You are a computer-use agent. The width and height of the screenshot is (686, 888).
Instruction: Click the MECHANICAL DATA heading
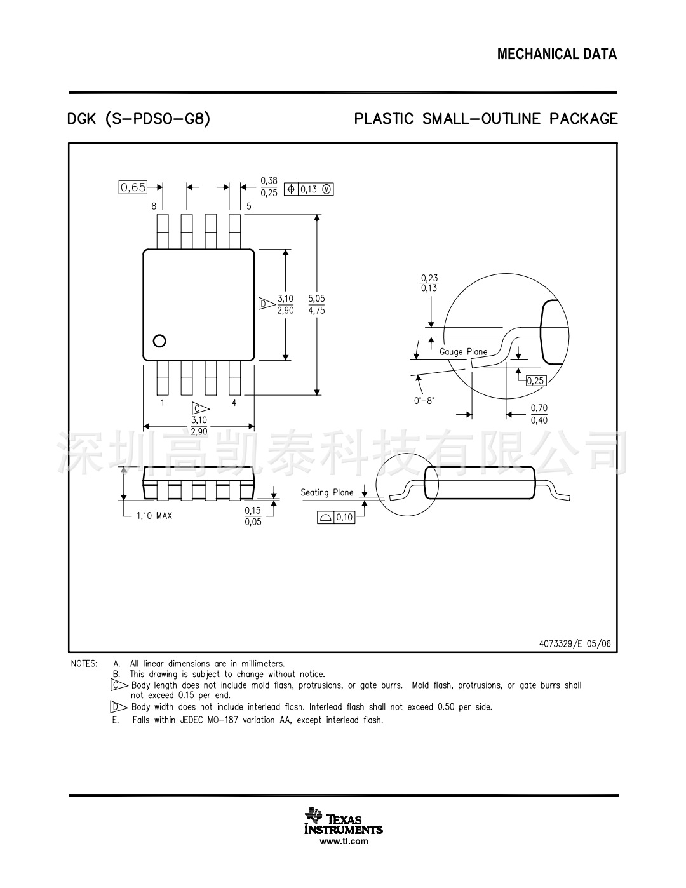(556, 55)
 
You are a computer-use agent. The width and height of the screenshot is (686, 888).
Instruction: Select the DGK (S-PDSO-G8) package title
(138, 119)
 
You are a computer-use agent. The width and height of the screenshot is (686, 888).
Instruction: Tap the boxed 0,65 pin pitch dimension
(133, 187)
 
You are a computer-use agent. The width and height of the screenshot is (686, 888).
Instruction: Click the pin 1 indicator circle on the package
(159, 340)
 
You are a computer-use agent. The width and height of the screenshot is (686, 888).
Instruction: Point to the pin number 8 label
(154, 206)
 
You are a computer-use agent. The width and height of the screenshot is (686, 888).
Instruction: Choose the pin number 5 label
(248, 206)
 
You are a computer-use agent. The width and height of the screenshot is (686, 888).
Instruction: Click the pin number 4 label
(234, 403)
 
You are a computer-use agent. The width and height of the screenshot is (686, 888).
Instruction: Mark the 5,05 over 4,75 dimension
(316, 304)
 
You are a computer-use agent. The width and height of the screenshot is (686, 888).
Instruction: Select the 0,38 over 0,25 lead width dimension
(269, 187)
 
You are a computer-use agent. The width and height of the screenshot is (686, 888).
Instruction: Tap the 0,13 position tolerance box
(309, 189)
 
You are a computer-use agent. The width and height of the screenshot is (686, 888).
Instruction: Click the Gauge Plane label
(464, 352)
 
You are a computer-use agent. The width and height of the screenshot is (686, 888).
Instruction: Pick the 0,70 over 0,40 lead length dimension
(539, 414)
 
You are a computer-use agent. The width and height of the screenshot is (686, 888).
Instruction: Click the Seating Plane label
(326, 492)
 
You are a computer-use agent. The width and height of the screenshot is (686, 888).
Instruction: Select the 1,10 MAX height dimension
(154, 516)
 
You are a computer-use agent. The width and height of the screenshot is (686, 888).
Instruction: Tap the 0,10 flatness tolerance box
(336, 518)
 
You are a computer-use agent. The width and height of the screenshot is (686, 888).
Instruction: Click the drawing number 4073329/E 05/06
(575, 643)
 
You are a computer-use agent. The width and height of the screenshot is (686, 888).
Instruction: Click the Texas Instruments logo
(344, 820)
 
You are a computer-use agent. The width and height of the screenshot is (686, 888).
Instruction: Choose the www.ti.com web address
(344, 842)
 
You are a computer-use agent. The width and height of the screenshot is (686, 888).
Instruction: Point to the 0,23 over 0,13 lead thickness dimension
(429, 283)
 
